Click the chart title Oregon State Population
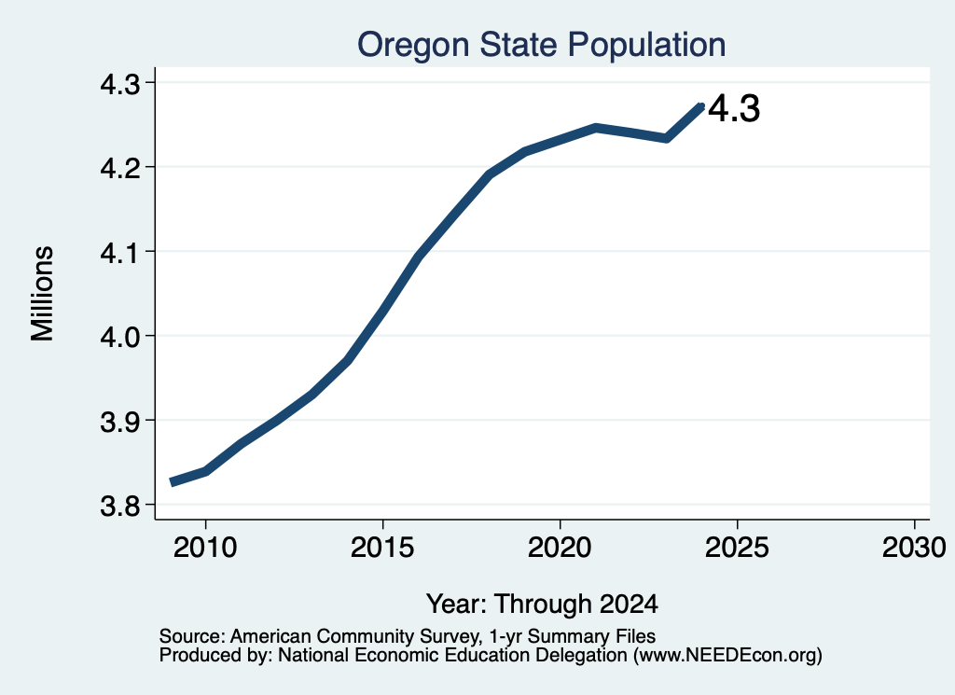[x=541, y=45]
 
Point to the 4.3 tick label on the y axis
[x=119, y=83]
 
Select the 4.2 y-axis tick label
[x=119, y=168]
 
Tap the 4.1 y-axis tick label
[x=119, y=252]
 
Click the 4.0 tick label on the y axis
[x=119, y=336]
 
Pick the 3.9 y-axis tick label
[x=119, y=421]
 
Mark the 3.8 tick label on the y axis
[x=119, y=506]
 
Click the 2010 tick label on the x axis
[x=205, y=547]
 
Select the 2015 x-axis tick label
[x=382, y=547]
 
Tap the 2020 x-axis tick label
[x=560, y=547]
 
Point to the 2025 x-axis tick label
[x=737, y=547]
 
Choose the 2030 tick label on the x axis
[x=914, y=547]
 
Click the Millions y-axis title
[x=42, y=293]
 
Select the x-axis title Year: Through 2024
[x=542, y=604]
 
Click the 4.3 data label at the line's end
[x=735, y=109]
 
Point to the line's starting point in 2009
[x=172, y=482]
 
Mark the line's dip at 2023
[x=666, y=138]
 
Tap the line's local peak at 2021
[x=596, y=128]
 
